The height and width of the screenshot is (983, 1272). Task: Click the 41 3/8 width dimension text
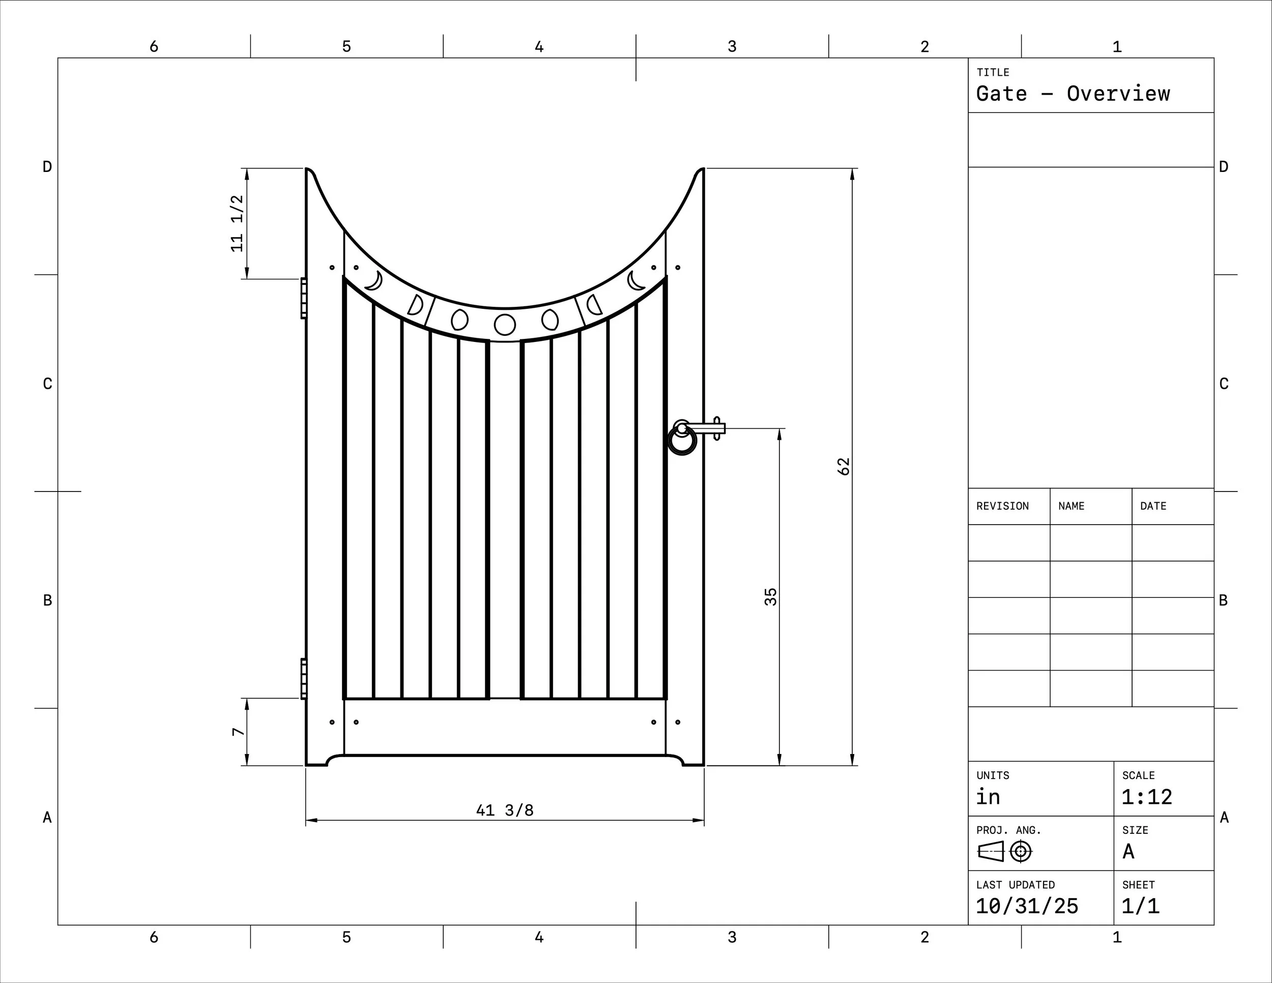[504, 810]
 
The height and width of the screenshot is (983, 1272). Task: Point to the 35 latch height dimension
[770, 597]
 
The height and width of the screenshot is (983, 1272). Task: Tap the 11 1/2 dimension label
[237, 224]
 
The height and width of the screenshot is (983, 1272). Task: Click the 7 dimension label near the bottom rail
[238, 732]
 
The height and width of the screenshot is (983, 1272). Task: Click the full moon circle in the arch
[504, 325]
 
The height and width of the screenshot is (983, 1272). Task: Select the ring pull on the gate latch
[681, 441]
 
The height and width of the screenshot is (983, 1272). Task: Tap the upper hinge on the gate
[303, 298]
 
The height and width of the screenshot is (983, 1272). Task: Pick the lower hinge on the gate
[303, 678]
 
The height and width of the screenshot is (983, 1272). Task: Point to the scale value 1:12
[1146, 797]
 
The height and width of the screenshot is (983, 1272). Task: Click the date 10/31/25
[1027, 906]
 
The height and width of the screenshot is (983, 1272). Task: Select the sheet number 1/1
[1140, 906]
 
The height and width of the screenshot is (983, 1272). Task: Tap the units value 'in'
[988, 797]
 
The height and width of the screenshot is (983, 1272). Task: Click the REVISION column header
[1002, 506]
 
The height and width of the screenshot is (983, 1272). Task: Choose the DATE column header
[1152, 506]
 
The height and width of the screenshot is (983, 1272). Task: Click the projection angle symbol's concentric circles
[1020, 852]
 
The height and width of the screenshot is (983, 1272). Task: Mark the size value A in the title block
[1128, 852]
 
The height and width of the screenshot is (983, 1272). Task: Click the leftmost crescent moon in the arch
[374, 281]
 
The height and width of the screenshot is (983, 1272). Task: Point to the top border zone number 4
[539, 47]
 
